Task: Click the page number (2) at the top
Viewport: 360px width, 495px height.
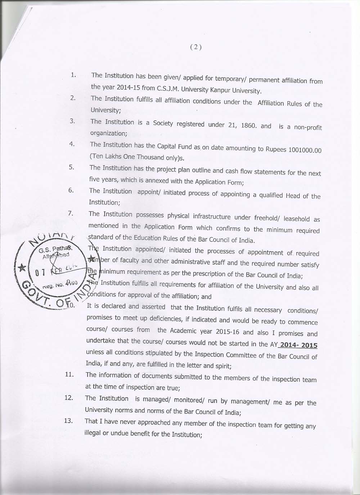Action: click(195, 47)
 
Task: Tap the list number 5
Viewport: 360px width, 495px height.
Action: click(71, 167)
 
